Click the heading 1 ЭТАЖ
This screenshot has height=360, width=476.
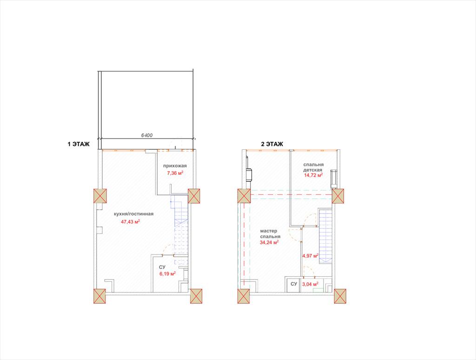tap(79, 144)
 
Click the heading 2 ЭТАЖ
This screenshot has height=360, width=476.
tap(272, 144)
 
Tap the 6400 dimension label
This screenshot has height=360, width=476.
tap(147, 135)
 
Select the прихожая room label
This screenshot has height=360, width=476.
tap(175, 166)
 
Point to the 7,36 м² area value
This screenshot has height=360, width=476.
tap(175, 173)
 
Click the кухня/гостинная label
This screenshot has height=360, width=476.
tap(133, 214)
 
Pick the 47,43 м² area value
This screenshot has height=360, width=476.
tap(130, 221)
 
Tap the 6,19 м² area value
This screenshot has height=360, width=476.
tap(167, 274)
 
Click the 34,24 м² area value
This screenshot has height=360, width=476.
tap(269, 242)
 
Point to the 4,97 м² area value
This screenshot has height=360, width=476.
tap(310, 256)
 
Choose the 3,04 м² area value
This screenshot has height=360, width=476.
tap(310, 284)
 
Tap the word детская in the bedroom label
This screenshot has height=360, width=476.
tap(313, 170)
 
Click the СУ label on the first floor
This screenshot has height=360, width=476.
tap(162, 267)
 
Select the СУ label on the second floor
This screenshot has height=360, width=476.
tap(294, 284)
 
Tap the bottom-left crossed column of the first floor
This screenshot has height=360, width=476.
tap(99, 296)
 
